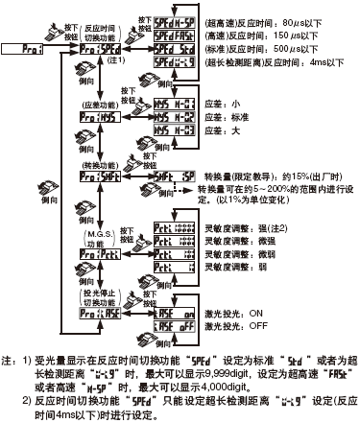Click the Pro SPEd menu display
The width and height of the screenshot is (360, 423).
(100, 46)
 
